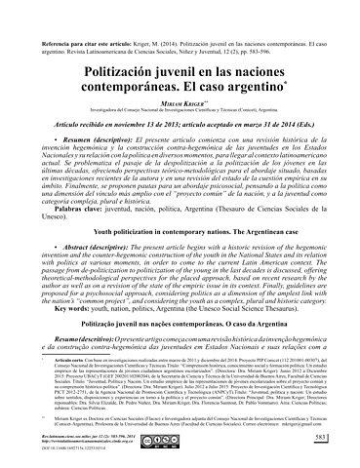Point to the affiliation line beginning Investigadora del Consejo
[180, 94]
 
